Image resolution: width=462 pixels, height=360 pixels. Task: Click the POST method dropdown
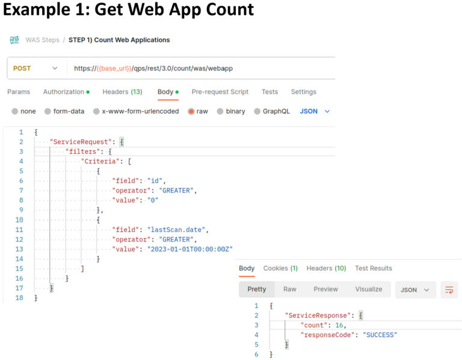coord(35,69)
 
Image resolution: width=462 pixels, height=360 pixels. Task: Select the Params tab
coord(19,92)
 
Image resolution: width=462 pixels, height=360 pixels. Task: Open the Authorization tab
coord(66,92)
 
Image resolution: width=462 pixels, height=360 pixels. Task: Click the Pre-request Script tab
coord(220,92)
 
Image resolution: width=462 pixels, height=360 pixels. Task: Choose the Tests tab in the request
coord(269,92)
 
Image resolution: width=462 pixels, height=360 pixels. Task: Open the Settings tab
coord(303,92)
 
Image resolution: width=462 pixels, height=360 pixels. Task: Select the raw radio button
coord(191,111)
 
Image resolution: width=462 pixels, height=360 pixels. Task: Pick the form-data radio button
coord(48,111)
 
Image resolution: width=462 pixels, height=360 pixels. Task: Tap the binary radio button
coord(220,111)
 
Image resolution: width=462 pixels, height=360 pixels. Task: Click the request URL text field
coord(199,69)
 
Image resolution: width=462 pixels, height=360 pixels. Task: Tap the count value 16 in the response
coord(340,325)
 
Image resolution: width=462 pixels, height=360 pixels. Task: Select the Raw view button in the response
coord(290,289)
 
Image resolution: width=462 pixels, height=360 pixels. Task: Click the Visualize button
coord(368,289)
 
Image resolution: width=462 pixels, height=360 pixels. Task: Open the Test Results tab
coord(373,268)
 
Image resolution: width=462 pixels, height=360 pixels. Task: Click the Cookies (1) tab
coord(280,268)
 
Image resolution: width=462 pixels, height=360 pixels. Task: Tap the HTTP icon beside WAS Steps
coord(14,40)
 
